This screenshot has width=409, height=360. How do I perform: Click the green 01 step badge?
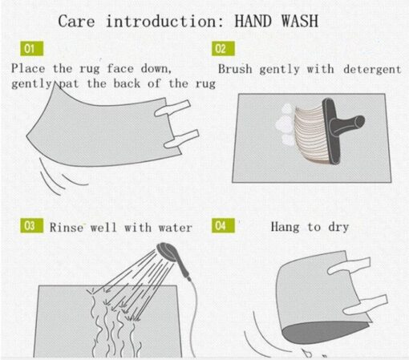click(x=32, y=49)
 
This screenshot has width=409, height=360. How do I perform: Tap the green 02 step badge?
click(x=223, y=49)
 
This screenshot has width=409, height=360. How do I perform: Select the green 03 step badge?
click(x=32, y=225)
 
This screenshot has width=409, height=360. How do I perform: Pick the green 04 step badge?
click(x=223, y=225)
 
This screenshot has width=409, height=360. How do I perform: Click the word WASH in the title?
click(x=300, y=21)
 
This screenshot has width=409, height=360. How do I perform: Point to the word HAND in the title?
click(x=253, y=21)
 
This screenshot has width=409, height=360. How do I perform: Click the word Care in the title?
click(x=76, y=21)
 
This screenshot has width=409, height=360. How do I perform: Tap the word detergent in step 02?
click(x=372, y=69)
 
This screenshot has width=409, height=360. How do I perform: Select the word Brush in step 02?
click(x=235, y=69)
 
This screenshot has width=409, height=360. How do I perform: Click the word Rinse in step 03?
click(x=67, y=228)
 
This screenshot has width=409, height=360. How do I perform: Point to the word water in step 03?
click(x=176, y=228)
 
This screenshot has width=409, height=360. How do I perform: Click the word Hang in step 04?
click(x=285, y=227)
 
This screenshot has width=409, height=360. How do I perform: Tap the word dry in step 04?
click(x=338, y=228)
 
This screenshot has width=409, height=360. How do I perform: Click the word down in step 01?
click(x=156, y=68)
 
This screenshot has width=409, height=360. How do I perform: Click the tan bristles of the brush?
click(x=310, y=134)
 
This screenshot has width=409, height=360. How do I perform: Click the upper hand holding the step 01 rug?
click(x=172, y=108)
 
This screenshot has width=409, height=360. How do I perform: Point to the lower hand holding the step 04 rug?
click(x=365, y=305)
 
